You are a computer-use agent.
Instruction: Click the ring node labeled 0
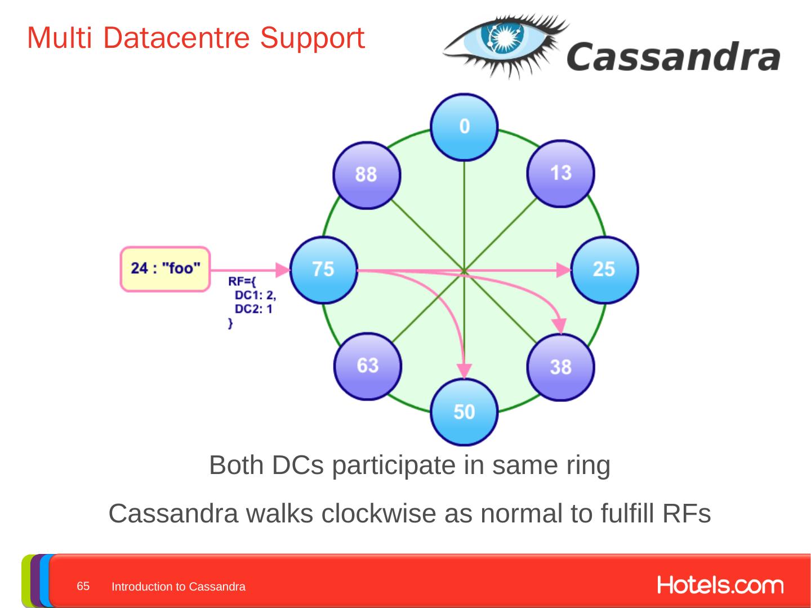(x=464, y=127)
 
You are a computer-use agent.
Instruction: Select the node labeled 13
(x=560, y=173)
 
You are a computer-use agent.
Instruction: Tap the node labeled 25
(x=604, y=270)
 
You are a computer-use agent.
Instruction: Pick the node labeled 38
(x=560, y=367)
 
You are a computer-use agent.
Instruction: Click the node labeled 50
(x=464, y=413)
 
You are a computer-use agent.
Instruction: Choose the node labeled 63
(x=368, y=366)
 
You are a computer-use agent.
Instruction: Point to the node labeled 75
(x=324, y=270)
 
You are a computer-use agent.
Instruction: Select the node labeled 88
(x=367, y=175)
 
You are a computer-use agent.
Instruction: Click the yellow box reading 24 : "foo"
(x=165, y=269)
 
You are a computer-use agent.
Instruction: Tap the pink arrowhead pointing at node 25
(x=564, y=270)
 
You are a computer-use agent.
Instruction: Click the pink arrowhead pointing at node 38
(x=559, y=326)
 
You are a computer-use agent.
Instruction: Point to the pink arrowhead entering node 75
(x=283, y=270)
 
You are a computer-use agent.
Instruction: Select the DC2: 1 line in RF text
(x=253, y=309)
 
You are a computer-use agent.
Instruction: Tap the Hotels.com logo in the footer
(x=720, y=585)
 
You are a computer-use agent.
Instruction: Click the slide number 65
(x=83, y=586)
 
